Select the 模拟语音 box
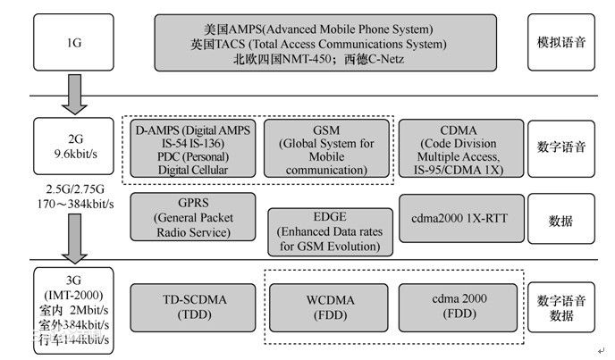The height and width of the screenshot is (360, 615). pos(560,41)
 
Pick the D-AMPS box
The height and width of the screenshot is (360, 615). pos(194,149)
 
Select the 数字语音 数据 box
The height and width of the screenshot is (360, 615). pos(560,306)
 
